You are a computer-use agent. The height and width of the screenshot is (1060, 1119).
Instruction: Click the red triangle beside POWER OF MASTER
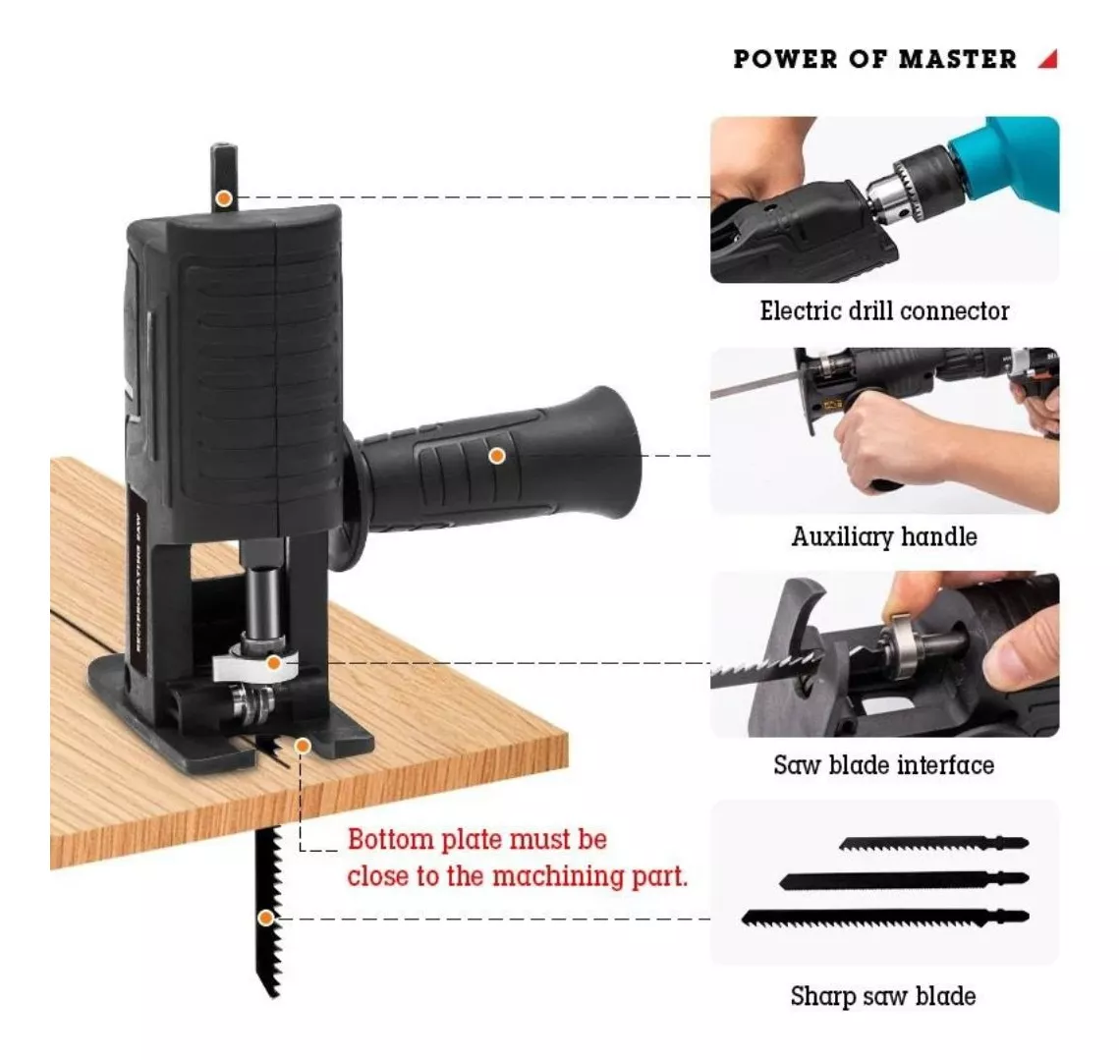click(1050, 61)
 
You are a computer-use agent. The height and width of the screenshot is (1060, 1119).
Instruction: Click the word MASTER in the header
click(957, 59)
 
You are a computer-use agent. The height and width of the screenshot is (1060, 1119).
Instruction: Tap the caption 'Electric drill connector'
click(884, 311)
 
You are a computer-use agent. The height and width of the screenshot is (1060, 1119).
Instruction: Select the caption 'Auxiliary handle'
click(884, 536)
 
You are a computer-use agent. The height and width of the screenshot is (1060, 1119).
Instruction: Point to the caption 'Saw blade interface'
click(884, 765)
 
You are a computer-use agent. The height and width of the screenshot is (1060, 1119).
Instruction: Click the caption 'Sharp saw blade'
click(883, 996)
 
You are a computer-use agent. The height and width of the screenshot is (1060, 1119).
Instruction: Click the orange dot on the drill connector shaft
click(224, 198)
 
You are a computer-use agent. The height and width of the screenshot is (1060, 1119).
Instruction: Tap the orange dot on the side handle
click(497, 456)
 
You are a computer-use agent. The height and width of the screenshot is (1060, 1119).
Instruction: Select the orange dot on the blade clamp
click(272, 663)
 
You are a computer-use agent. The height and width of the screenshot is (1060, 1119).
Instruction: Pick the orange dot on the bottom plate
click(303, 746)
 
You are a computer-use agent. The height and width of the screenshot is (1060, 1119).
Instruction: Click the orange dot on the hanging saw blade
click(265, 918)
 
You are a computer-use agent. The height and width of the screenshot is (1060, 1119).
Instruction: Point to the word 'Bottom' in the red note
click(390, 839)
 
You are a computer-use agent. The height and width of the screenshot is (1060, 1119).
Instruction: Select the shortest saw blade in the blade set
click(933, 844)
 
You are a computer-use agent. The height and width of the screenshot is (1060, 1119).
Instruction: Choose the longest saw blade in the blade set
click(885, 918)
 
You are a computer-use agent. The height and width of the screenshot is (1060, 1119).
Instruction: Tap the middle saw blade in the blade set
click(904, 880)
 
